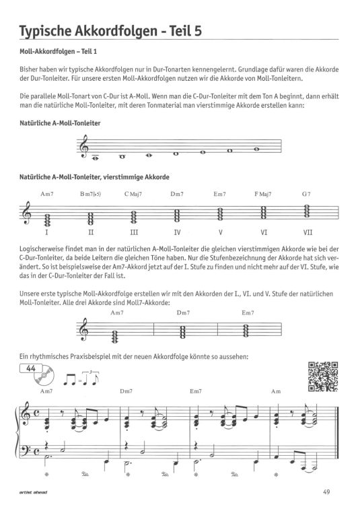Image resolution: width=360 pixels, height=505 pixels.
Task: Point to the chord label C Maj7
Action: click(x=133, y=194)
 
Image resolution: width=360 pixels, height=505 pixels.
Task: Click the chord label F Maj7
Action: click(x=264, y=194)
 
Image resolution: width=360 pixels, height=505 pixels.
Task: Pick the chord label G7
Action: click(x=306, y=194)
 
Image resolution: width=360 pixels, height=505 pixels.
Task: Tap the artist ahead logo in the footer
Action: click(x=34, y=490)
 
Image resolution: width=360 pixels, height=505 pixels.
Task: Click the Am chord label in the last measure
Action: click(x=293, y=391)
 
